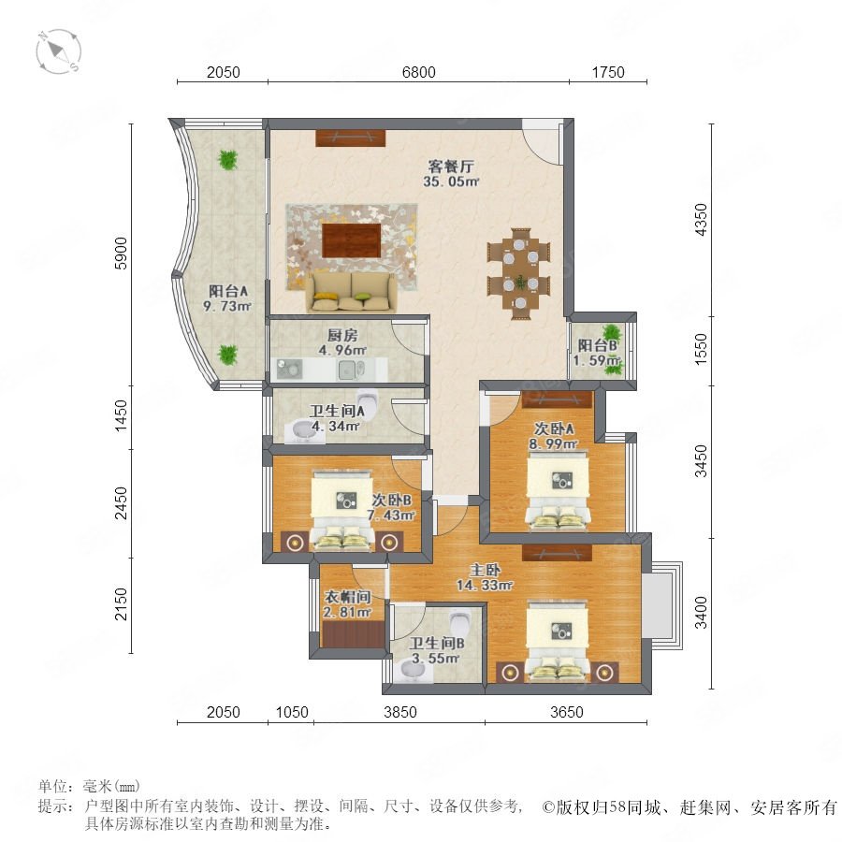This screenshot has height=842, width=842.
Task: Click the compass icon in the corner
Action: (x=59, y=51)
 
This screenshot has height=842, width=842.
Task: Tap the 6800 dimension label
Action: (x=419, y=72)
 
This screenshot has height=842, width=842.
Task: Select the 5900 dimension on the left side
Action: (x=122, y=253)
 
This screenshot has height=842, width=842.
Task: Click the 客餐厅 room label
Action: (x=451, y=166)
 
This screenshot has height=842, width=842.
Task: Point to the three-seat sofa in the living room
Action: (x=351, y=292)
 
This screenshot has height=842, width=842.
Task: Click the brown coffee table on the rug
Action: (x=352, y=240)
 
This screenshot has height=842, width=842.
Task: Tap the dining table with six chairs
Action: (x=519, y=273)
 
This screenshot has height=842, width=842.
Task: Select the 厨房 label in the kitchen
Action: (x=342, y=336)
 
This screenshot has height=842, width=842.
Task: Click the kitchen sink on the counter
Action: (x=352, y=370)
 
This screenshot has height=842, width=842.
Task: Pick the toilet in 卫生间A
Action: (x=368, y=399)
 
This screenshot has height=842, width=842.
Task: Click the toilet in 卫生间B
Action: (x=459, y=622)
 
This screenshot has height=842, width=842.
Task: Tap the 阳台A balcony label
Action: (x=228, y=292)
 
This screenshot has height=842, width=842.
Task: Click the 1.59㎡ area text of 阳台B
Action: (x=597, y=360)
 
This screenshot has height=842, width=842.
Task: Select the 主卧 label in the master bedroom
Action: (x=486, y=570)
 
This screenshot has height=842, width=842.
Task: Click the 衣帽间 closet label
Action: (x=347, y=597)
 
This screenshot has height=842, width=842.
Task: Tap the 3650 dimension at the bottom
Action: (x=567, y=712)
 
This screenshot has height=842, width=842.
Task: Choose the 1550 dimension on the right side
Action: (x=701, y=350)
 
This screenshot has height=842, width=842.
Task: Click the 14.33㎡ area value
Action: (x=485, y=585)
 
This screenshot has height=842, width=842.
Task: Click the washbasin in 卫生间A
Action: (x=304, y=432)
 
